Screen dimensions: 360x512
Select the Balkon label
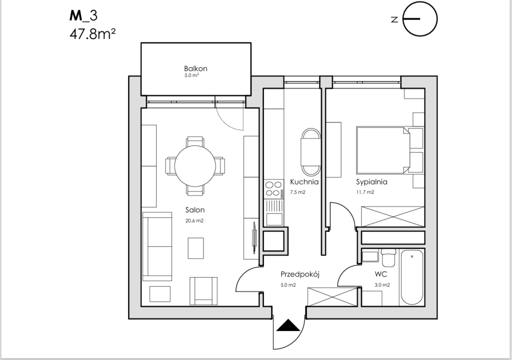pos(195,68)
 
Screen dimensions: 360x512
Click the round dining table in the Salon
pos(195,165)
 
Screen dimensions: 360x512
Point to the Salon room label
pos(195,210)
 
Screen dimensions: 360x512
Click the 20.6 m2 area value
pos(195,220)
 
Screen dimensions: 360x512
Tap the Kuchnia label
pos(304,182)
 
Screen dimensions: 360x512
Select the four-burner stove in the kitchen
pos(273,188)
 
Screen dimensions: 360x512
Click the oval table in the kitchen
pos(310,150)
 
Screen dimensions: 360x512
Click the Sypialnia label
pos(371,182)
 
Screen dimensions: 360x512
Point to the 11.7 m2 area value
pos(365,192)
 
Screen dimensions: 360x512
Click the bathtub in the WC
pos(412,277)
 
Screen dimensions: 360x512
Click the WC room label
pos(382,274)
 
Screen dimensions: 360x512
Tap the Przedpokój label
pos(299,274)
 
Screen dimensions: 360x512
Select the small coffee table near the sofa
pos(196,248)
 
